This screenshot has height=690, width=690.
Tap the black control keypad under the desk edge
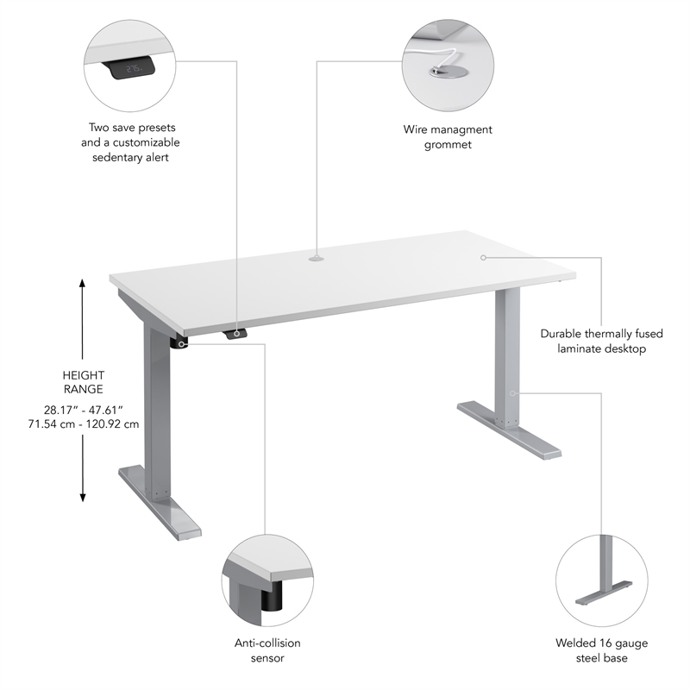coord(235,334)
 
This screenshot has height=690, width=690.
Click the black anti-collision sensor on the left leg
coord(180,342)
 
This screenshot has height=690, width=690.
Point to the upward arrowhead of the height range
coord(83,283)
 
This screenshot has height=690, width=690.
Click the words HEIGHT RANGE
coord(83,383)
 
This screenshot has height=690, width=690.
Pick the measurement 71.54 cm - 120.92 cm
coord(83,423)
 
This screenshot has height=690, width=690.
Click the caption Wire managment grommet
coord(448,137)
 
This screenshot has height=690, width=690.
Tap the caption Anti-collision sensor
coord(267,650)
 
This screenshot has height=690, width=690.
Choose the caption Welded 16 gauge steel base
coord(601,650)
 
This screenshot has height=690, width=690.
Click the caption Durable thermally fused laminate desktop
coord(593,341)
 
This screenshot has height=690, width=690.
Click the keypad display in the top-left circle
coord(133,68)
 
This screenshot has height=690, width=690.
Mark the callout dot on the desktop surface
coord(483,257)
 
